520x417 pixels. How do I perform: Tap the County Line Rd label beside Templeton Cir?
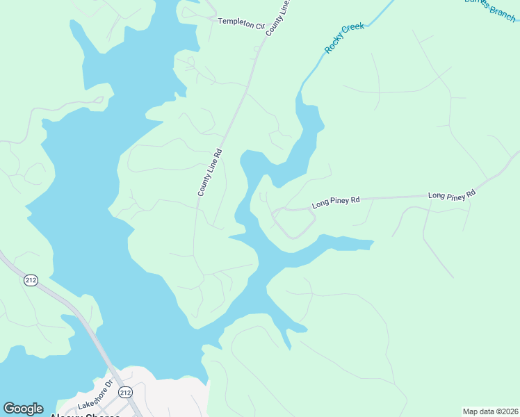(277, 18)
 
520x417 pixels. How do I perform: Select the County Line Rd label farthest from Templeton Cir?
(209, 172)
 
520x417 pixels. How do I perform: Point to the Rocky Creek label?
(344, 38)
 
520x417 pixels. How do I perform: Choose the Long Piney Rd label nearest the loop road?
(335, 203)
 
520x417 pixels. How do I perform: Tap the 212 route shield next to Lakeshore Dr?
(125, 393)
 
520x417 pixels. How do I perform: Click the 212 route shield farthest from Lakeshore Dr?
(31, 280)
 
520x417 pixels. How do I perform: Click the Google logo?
(23, 409)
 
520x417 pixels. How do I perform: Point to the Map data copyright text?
(490, 411)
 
